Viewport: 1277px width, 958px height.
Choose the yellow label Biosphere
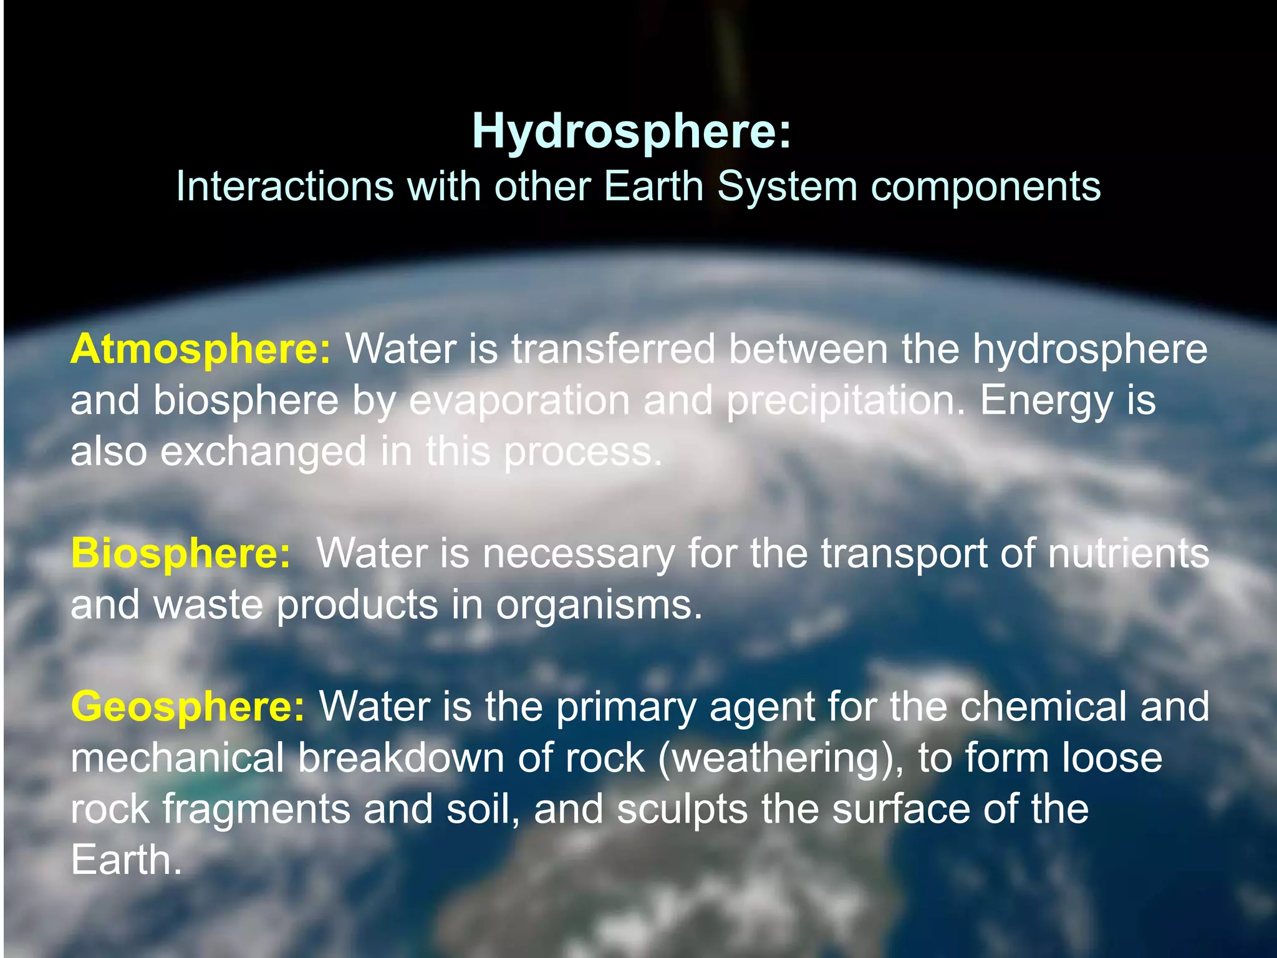tap(180, 553)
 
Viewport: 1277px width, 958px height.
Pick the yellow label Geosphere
tap(188, 706)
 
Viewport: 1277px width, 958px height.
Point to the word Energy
tap(1046, 401)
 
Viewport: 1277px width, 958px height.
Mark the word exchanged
tap(263, 452)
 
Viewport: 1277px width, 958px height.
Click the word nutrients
tap(1128, 553)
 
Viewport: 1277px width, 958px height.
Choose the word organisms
tap(599, 605)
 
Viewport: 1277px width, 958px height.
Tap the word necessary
tap(579, 554)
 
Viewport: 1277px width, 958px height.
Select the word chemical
tap(1043, 706)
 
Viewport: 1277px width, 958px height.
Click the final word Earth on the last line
tap(126, 860)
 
